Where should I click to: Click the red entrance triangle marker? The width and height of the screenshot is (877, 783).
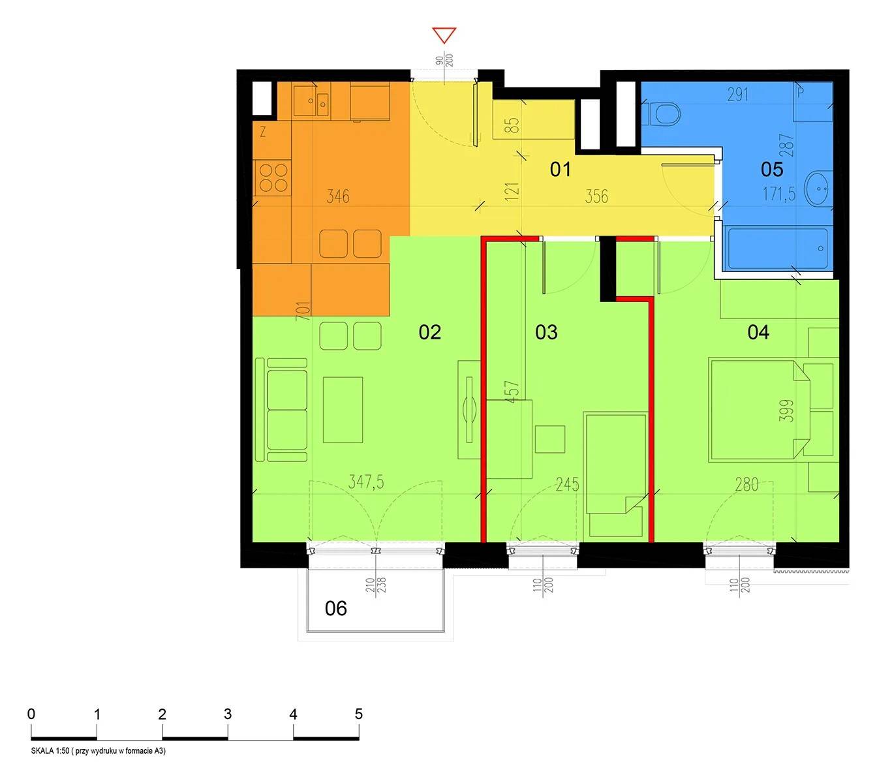(444, 35)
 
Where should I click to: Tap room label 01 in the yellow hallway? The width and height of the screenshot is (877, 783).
(560, 169)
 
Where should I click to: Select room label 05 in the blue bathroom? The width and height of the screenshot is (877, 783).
(772, 169)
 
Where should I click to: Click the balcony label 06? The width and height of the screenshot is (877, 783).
(335, 609)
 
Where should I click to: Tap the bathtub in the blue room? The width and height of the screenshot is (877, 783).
(777, 249)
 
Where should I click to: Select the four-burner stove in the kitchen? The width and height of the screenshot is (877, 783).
(273, 178)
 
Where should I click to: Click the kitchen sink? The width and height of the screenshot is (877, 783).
(311, 100)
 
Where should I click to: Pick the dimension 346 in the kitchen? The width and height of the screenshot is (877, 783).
(337, 196)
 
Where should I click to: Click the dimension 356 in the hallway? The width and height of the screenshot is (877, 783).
(596, 196)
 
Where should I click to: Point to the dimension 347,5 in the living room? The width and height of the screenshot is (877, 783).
(366, 482)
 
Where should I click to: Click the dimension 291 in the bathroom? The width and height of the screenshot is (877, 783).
(737, 95)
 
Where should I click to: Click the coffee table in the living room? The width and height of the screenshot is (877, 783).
(343, 410)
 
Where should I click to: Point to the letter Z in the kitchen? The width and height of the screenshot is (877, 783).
(263, 132)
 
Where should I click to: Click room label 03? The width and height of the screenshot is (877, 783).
(546, 332)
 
